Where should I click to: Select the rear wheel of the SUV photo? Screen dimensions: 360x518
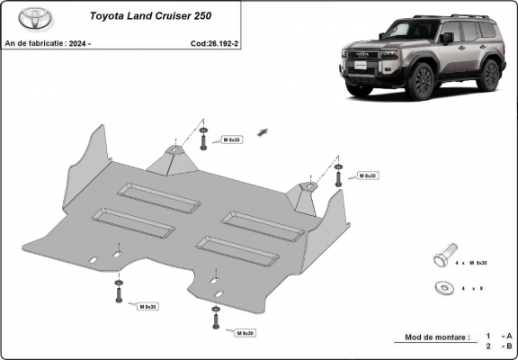488,76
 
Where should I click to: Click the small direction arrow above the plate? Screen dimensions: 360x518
263,132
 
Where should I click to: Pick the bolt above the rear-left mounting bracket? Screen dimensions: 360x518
204,139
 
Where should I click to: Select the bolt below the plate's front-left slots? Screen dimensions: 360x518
119,292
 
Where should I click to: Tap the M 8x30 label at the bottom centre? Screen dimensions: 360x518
243,333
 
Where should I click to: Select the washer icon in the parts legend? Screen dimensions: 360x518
442,287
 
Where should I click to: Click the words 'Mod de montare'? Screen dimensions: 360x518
430,337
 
